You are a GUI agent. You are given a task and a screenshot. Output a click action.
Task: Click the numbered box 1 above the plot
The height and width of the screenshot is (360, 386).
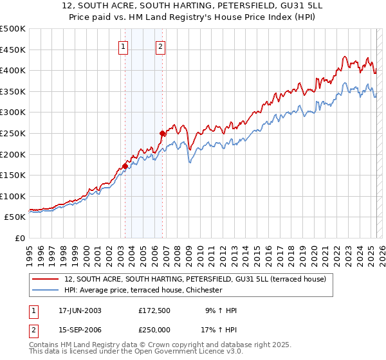(x=123, y=46)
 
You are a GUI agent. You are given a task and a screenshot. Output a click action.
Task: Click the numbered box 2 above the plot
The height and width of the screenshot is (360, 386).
(x=160, y=46)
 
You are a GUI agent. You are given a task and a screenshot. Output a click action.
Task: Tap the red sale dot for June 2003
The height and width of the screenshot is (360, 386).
(x=125, y=166)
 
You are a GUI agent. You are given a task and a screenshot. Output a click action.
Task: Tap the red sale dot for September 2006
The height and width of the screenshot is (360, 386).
(x=162, y=133)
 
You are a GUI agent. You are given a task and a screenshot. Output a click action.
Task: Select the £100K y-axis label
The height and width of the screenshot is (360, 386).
(x=13, y=196)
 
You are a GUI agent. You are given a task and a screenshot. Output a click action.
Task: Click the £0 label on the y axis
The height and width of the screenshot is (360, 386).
(x=19, y=238)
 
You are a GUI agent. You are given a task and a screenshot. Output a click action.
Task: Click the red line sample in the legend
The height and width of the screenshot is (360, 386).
(x=44, y=279)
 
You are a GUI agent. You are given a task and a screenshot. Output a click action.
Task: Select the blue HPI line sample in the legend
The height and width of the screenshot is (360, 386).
(x=44, y=290)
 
